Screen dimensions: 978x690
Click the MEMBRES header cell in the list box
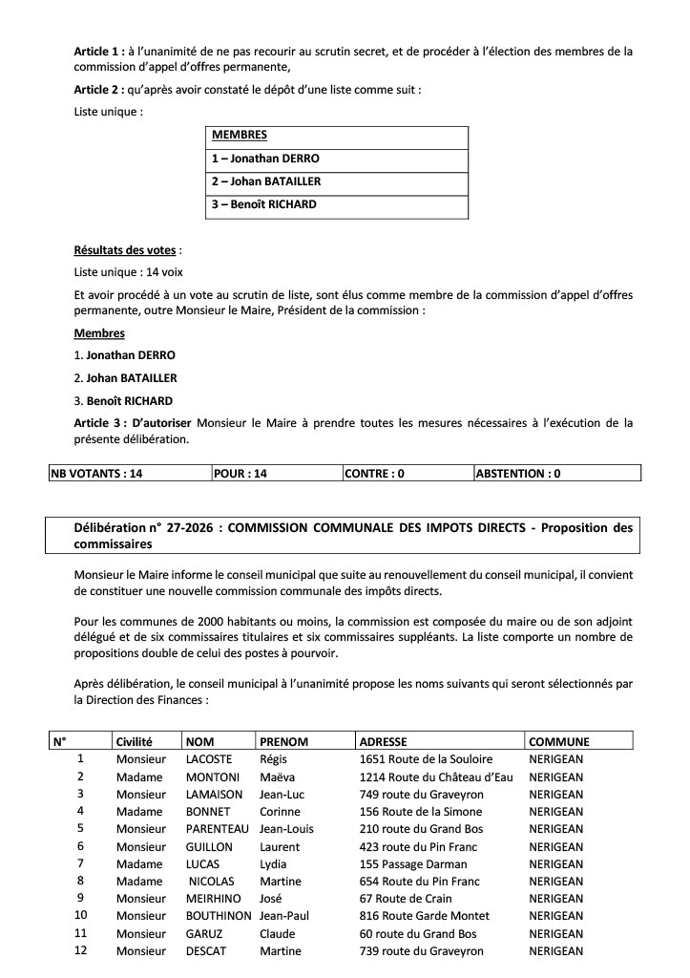(x=239, y=136)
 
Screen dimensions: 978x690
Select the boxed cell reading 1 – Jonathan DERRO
(x=265, y=159)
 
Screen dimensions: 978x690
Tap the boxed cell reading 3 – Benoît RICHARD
(x=263, y=204)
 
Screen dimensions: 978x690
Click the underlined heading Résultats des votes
(x=125, y=250)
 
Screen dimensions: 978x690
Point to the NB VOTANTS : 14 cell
(x=96, y=473)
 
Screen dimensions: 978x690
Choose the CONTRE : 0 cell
(x=374, y=473)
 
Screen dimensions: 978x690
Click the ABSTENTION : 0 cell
(x=518, y=473)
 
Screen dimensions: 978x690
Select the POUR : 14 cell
(x=240, y=473)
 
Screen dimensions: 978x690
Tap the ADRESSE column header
(x=383, y=741)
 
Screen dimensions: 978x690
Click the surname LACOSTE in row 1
(x=210, y=759)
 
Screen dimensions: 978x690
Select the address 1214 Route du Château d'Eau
(x=436, y=776)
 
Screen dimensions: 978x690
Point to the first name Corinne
(x=281, y=812)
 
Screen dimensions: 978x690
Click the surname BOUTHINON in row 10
(x=219, y=916)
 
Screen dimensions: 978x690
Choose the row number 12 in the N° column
(x=81, y=951)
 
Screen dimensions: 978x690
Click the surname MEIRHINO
(x=214, y=899)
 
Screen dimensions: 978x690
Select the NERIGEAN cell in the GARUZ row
(x=555, y=934)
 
